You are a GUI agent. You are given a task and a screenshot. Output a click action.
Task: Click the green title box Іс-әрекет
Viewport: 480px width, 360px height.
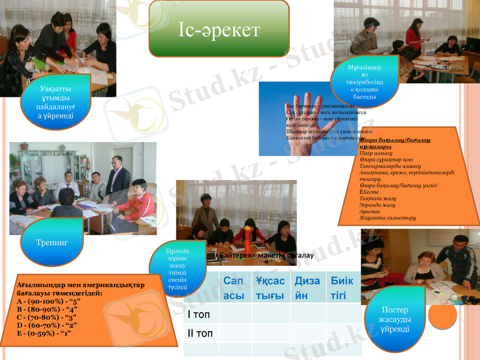pos(219,29)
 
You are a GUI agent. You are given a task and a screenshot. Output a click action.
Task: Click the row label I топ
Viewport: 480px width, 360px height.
pos(200,314)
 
